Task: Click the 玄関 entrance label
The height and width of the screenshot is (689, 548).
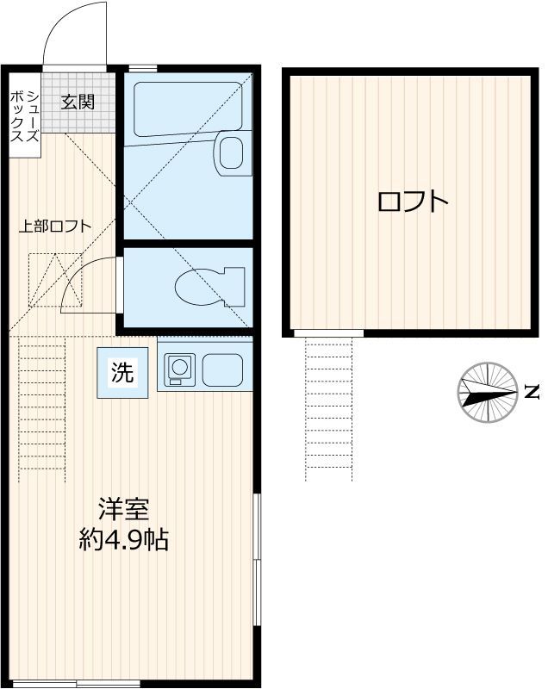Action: click(78, 102)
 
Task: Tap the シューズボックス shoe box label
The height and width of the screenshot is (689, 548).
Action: click(25, 116)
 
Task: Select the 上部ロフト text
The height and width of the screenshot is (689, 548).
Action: click(55, 227)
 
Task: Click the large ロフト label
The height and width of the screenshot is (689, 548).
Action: click(413, 202)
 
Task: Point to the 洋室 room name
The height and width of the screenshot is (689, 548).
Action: click(123, 509)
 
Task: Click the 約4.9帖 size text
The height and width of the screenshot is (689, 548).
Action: click(124, 540)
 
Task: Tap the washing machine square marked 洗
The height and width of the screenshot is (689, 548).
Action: click(122, 373)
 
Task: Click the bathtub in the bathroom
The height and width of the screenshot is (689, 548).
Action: click(188, 109)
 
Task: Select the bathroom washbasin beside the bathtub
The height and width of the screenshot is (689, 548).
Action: click(233, 153)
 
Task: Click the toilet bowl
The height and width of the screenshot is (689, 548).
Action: click(200, 287)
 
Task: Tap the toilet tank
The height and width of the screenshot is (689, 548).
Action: click(234, 287)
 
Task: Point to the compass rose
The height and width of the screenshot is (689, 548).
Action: click(488, 393)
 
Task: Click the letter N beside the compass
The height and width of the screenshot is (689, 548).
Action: click(532, 392)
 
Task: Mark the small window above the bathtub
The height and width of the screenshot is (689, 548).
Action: click(143, 68)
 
